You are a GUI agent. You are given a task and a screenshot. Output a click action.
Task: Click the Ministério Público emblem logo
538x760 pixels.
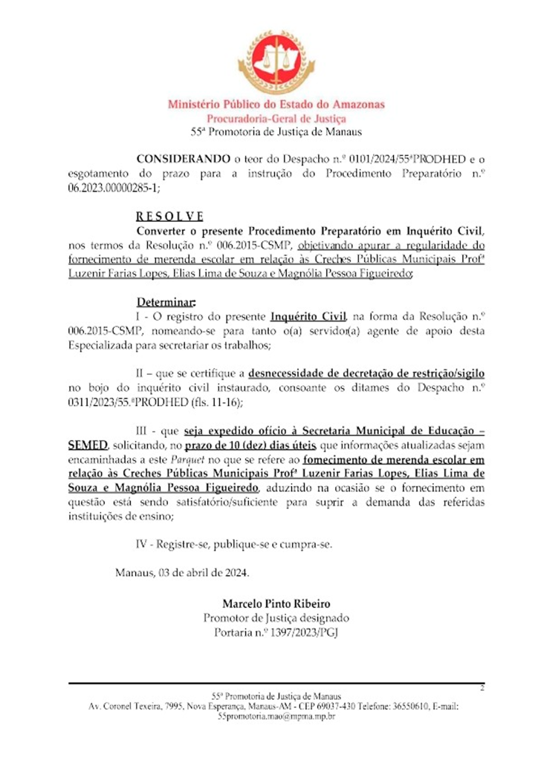point(276,62)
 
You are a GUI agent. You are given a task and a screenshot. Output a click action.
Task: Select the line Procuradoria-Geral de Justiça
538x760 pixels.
point(276,119)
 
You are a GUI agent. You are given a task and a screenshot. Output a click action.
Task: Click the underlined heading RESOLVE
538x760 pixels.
point(169,217)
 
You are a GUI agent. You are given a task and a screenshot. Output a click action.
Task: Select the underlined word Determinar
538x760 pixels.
point(166,303)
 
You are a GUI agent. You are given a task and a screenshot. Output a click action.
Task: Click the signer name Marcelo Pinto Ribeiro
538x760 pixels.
point(276,603)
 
